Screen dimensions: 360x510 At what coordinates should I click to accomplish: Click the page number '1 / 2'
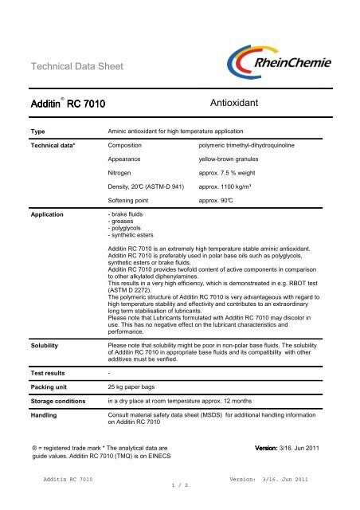coord(180,505)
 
